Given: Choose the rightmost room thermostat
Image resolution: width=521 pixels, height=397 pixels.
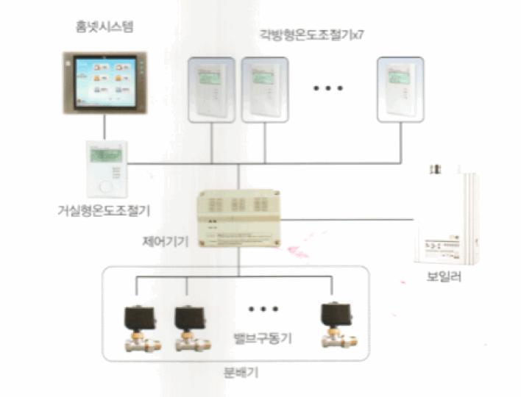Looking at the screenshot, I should [x=401, y=89].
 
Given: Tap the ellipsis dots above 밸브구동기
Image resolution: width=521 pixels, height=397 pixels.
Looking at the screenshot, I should [x=263, y=308].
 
